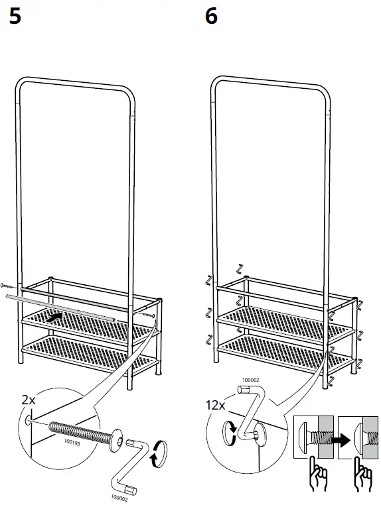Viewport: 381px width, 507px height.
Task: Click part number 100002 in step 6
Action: point(250,380)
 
